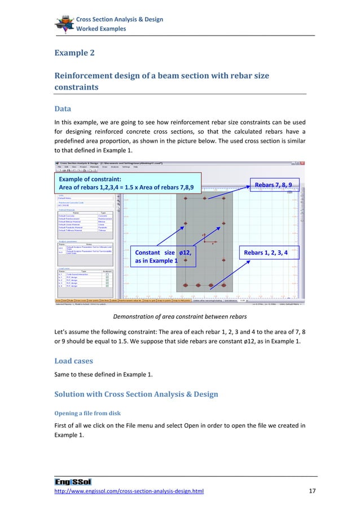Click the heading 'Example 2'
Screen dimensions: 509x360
[x=74, y=53]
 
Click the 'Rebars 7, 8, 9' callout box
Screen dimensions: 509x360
[x=273, y=185]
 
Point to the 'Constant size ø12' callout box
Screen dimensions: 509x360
[x=163, y=257]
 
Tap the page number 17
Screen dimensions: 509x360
[x=311, y=492]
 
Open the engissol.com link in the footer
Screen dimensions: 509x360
[x=129, y=492]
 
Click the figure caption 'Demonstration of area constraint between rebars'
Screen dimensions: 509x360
[x=180, y=317]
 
